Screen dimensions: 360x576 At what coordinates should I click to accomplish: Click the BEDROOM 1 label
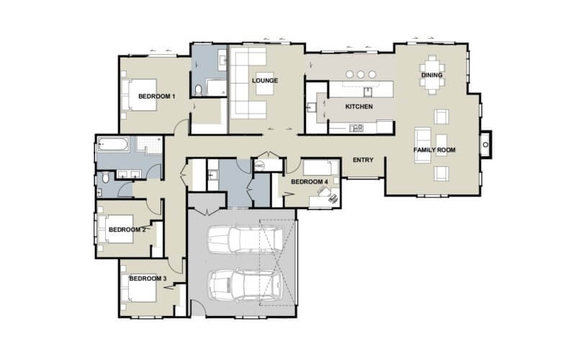[157, 96]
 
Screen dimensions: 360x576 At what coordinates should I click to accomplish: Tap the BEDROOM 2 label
[127, 230]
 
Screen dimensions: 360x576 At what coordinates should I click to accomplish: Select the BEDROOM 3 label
[148, 278]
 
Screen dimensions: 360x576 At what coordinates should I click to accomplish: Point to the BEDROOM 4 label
[309, 181]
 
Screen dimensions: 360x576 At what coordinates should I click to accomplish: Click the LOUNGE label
[265, 80]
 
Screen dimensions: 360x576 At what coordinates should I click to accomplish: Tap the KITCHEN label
[359, 107]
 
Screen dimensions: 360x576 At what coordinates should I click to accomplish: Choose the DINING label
[431, 75]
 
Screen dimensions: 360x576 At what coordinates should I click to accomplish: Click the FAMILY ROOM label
[434, 150]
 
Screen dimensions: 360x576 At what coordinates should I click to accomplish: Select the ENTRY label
[362, 160]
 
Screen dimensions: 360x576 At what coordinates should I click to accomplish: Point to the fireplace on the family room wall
[487, 143]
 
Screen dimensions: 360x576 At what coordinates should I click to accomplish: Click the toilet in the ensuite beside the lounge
[199, 89]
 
